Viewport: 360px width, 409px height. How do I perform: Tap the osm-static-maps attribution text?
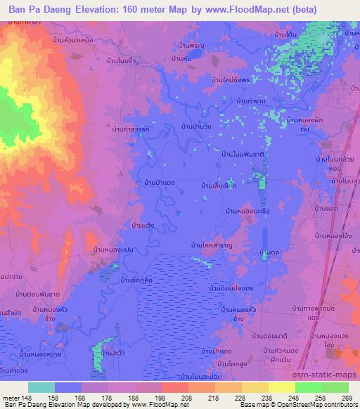pos(325,377)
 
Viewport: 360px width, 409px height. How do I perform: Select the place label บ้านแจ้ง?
pos(143,226)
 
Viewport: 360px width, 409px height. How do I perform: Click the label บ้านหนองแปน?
pos(115,249)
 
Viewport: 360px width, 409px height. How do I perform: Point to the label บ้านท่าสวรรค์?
pos(131,130)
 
